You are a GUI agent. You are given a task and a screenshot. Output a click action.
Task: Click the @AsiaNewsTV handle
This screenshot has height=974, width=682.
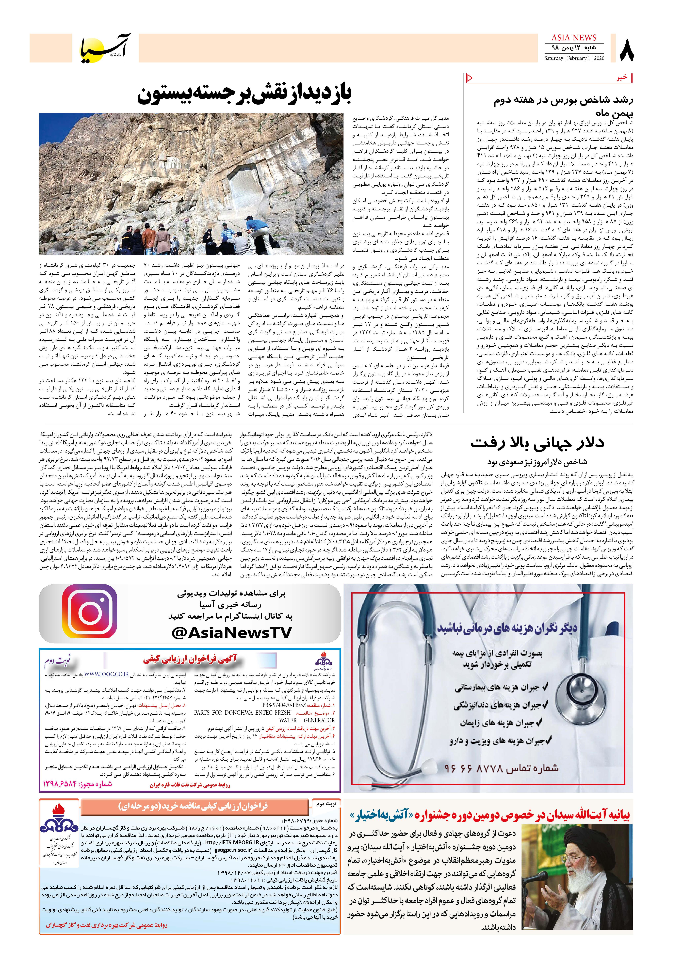click(232, 632)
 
